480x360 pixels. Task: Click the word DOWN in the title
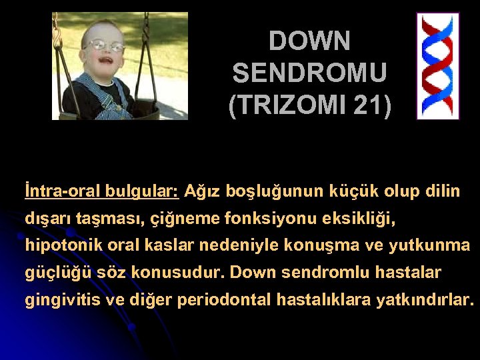(x=309, y=42)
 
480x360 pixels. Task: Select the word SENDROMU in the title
(x=309, y=73)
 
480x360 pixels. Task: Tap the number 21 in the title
(x=365, y=105)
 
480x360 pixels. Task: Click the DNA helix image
(x=437, y=66)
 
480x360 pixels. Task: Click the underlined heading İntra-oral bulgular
(x=101, y=192)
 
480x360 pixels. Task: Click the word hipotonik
(x=57, y=245)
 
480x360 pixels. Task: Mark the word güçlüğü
(x=53, y=273)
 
